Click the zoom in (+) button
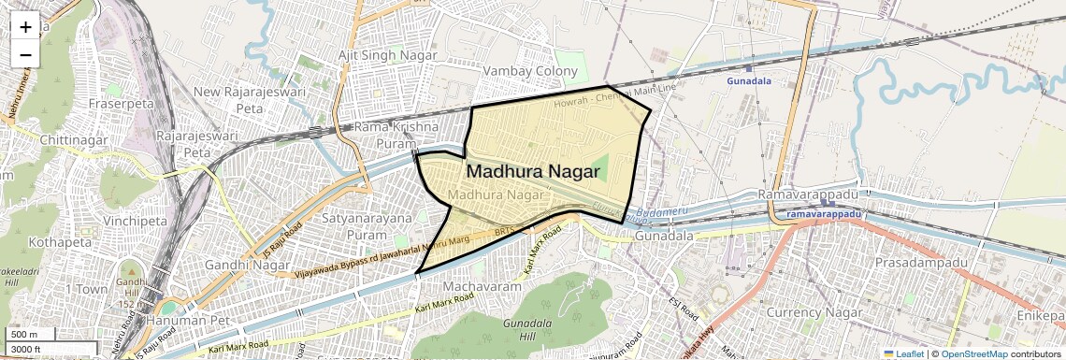(25, 27)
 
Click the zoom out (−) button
(25, 54)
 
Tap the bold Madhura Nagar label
(533, 171)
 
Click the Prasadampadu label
(920, 263)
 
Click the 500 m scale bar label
(24, 334)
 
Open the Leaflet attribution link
(903, 353)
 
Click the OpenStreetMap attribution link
(973, 353)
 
